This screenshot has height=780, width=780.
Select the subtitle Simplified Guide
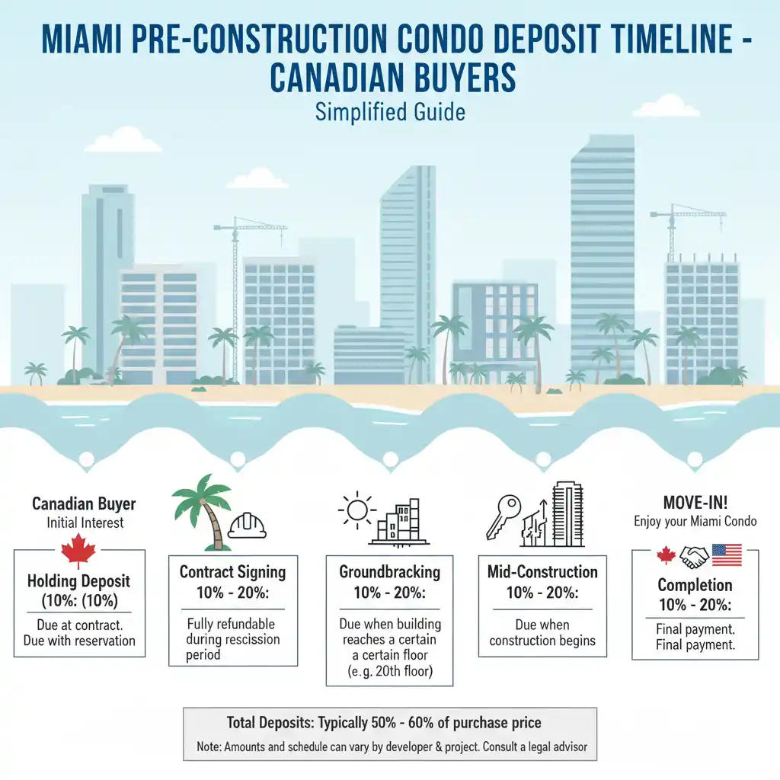(x=389, y=112)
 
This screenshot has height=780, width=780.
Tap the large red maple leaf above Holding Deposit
(x=78, y=551)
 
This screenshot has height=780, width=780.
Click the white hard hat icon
(x=248, y=525)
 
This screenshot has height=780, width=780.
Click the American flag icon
(x=726, y=555)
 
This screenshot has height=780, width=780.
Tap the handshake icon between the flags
(x=694, y=556)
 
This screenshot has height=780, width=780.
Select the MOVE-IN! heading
(x=695, y=503)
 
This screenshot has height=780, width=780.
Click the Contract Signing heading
(x=232, y=572)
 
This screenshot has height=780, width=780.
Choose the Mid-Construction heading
(x=542, y=572)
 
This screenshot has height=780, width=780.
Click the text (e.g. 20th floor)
(x=389, y=671)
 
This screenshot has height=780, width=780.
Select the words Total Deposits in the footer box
(x=269, y=722)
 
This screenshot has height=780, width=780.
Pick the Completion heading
(x=695, y=585)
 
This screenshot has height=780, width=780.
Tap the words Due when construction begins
(x=542, y=632)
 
